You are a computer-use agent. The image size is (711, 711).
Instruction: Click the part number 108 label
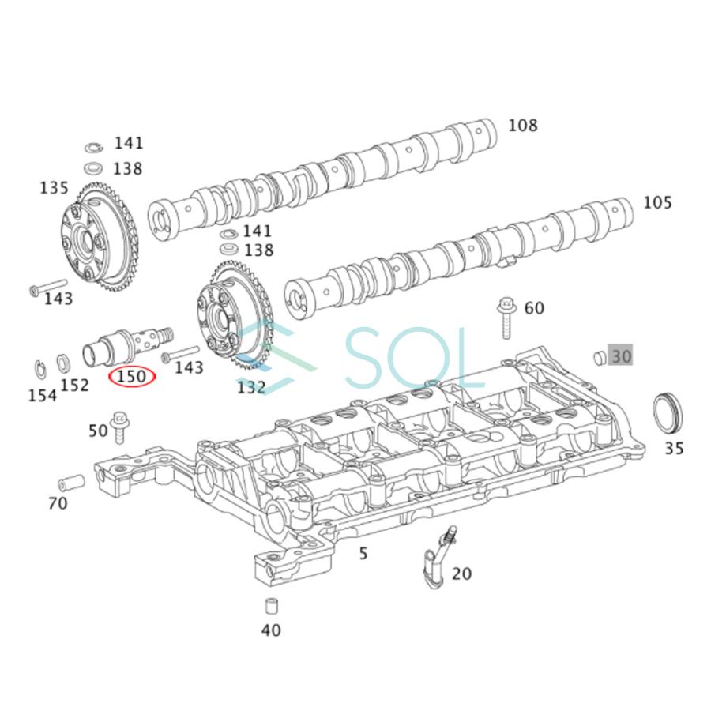522,125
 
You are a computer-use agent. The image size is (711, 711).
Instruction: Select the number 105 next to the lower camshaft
657,203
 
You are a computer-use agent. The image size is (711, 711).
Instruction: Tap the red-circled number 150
132,377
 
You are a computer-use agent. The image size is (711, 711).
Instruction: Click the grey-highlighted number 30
621,356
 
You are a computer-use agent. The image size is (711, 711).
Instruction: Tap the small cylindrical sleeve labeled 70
71,482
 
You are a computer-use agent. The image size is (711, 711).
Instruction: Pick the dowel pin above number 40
271,608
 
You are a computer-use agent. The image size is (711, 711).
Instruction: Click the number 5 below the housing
363,553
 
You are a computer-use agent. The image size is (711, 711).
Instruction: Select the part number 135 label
55,188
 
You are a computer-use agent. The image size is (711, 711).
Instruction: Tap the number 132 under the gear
251,387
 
